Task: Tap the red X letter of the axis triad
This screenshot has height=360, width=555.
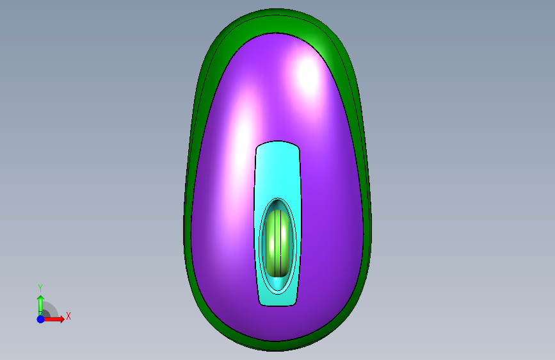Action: [68, 316]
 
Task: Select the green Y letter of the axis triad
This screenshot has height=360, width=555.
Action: [40, 288]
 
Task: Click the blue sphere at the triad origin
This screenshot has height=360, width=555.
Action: [40, 319]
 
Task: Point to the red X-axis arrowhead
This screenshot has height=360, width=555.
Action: [62, 319]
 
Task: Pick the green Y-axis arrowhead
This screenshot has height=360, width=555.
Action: [41, 298]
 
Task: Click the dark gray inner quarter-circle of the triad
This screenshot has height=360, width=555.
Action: [45, 313]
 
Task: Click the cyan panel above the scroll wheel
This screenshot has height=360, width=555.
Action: [278, 170]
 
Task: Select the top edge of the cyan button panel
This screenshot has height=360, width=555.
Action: [278, 142]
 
